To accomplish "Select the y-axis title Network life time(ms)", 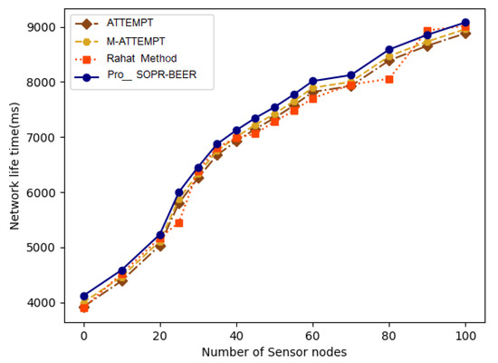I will [x=15, y=164].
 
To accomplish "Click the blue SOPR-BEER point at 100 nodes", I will [x=464, y=23].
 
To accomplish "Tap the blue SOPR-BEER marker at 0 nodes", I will [x=84, y=296].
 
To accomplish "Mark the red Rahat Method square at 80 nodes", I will [x=388, y=79].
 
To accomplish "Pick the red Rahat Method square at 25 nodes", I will [x=179, y=222].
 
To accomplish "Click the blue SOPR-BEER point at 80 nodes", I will [x=388, y=50].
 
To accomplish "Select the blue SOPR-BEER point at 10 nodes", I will [x=122, y=270].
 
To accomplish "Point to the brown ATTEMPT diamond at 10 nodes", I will [x=122, y=281].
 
